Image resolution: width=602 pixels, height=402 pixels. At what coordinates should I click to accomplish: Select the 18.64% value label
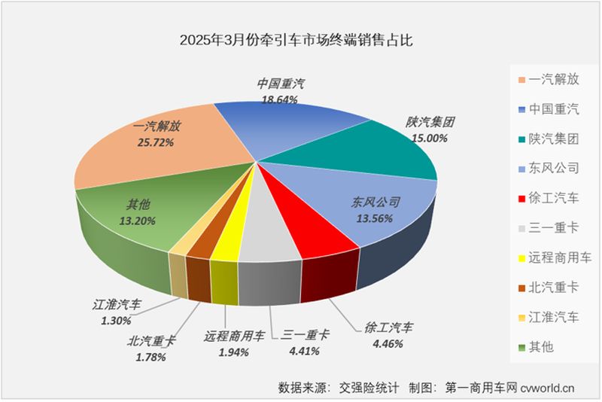[x=279, y=99]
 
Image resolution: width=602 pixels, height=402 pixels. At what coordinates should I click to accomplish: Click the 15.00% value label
[x=430, y=138]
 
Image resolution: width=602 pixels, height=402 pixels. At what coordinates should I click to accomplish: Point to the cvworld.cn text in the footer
[x=548, y=388]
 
